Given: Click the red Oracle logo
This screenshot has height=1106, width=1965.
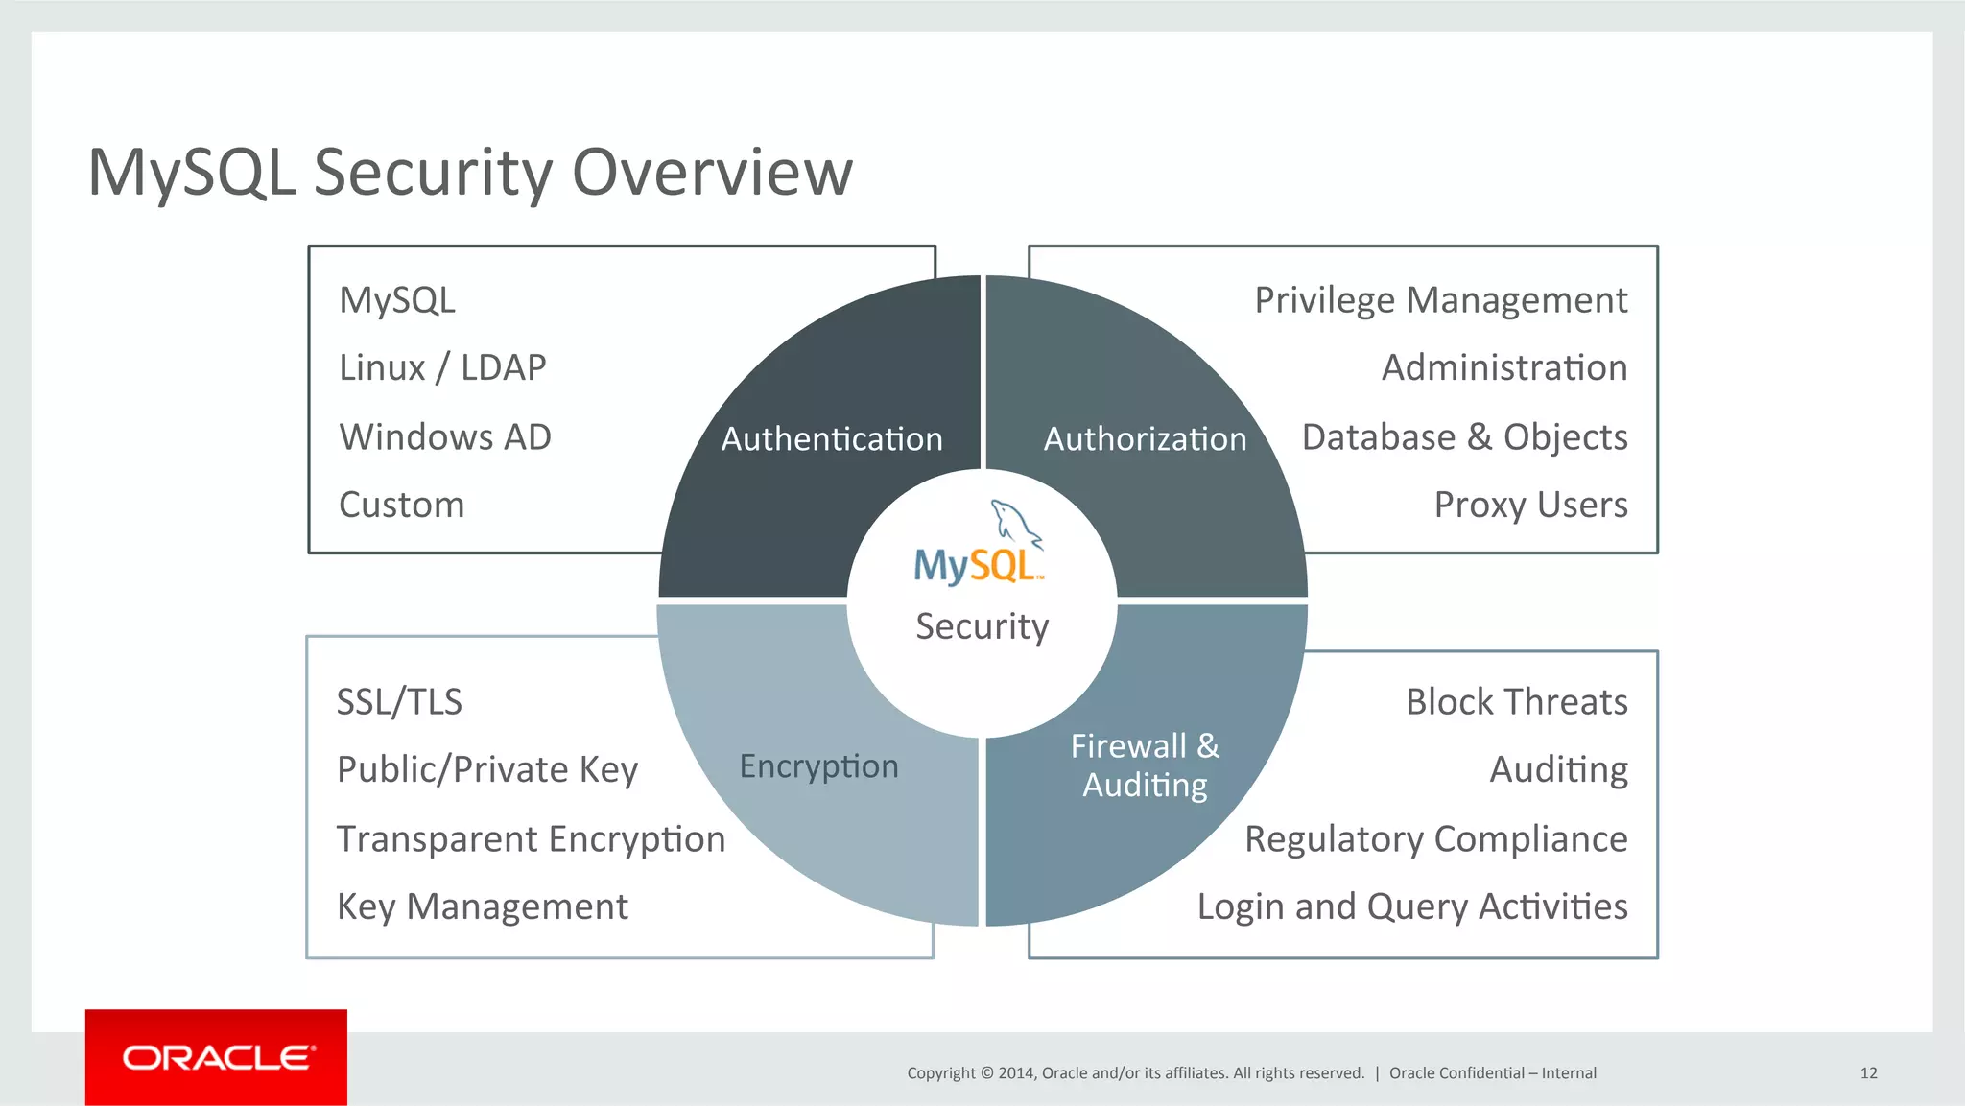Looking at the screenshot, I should (x=216, y=1057).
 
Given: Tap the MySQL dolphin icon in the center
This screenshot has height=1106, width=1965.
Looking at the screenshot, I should (x=1015, y=524).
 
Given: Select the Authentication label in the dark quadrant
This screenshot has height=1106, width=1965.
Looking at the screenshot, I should (x=832, y=439).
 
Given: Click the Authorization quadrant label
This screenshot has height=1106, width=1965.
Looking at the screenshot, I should (x=1145, y=439).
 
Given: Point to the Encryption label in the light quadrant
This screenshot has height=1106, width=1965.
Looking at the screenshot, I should (x=818, y=766).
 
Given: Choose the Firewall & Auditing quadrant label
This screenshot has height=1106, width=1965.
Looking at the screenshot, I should (x=1145, y=765).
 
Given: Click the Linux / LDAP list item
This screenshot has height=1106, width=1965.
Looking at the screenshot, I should (x=442, y=368).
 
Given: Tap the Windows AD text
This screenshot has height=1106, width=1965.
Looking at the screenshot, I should (x=445, y=437).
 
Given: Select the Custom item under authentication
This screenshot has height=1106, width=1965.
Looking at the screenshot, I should (x=401, y=506).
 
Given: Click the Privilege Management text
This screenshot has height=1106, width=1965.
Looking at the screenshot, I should (x=1440, y=301).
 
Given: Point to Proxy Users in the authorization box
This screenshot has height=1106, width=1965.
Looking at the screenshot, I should (x=1530, y=506).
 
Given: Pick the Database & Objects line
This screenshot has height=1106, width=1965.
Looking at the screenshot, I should (x=1464, y=437).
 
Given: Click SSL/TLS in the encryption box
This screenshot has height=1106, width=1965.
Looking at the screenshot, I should (x=399, y=702).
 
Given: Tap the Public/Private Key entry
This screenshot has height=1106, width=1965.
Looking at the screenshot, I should (x=487, y=770).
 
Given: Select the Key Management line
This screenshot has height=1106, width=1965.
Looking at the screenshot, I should (x=483, y=907).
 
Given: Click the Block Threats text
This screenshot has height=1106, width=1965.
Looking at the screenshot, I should (x=1516, y=702).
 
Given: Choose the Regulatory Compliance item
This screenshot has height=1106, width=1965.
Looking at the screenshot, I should (x=1435, y=839).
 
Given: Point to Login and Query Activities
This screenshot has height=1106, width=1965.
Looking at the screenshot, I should (x=1412, y=907).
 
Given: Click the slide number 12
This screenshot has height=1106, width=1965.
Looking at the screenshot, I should (x=1868, y=1073).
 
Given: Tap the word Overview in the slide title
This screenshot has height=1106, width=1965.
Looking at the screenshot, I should (x=712, y=173).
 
